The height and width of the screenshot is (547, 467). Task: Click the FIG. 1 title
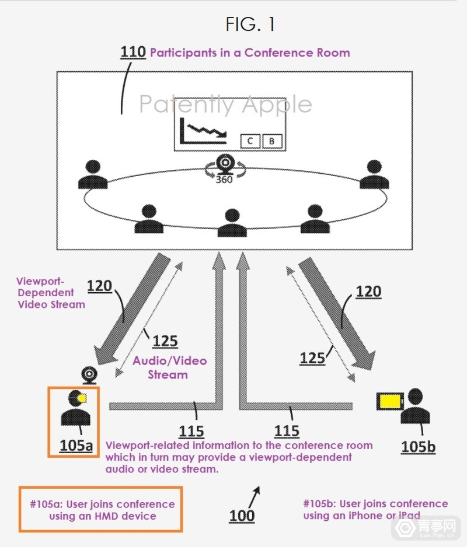250,24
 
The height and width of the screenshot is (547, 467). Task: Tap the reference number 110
133,52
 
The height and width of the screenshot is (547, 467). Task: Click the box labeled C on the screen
250,141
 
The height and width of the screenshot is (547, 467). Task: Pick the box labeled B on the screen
271,141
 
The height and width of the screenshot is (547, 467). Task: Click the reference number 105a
76,446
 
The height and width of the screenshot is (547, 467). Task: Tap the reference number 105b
418,447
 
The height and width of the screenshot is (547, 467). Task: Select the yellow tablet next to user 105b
390,402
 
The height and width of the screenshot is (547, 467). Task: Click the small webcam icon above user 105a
89,374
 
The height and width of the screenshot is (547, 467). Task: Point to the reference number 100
242,516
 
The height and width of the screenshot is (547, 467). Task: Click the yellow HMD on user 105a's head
82,398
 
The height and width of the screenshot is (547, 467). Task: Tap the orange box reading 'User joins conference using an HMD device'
100,509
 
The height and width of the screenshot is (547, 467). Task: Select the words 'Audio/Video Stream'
169,367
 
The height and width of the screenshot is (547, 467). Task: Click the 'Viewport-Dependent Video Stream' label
51,292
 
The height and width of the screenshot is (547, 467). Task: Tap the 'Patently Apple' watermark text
225,104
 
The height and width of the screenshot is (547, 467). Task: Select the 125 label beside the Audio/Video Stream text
165,341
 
